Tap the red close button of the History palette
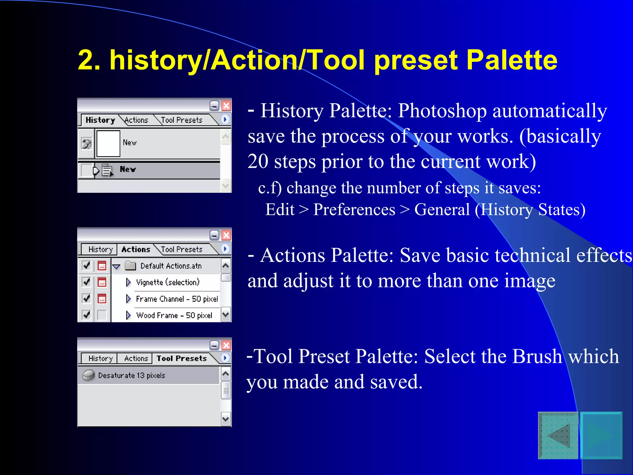(226, 106)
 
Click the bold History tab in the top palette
(100, 120)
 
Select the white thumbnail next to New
(108, 143)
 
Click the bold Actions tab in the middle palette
(136, 249)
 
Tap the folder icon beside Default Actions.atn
(130, 266)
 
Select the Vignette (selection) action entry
(168, 282)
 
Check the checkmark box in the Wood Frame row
(87, 315)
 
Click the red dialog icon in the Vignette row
(102, 282)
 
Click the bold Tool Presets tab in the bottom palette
(181, 358)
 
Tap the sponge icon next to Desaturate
(88, 375)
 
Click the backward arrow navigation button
(558, 436)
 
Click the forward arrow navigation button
(601, 436)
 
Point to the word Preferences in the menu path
(354, 210)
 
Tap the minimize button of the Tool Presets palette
(214, 345)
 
